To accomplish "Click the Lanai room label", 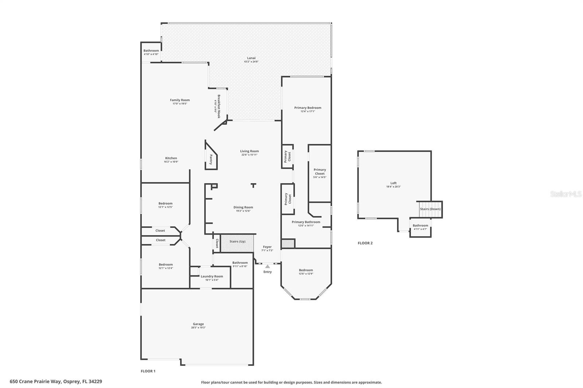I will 251,58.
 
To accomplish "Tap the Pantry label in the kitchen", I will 211,159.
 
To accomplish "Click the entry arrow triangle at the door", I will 267,266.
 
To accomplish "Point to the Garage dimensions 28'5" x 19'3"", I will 198,328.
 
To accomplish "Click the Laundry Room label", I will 212,276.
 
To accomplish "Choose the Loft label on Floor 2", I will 394,183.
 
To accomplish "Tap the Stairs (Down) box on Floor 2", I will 430,209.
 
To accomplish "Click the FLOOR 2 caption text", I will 365,243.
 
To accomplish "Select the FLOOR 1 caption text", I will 148,371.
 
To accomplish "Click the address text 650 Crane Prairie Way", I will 56,381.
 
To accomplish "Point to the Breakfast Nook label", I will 219,106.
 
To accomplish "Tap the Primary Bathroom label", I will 306,222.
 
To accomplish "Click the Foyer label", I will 267,247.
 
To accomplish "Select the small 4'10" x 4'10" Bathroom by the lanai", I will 151,52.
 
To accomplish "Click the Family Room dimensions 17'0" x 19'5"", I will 180,104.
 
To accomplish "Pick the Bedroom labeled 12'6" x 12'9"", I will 306,272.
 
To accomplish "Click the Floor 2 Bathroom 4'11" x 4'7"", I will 420,227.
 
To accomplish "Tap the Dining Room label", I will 243,207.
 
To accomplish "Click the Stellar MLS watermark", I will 566,194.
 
